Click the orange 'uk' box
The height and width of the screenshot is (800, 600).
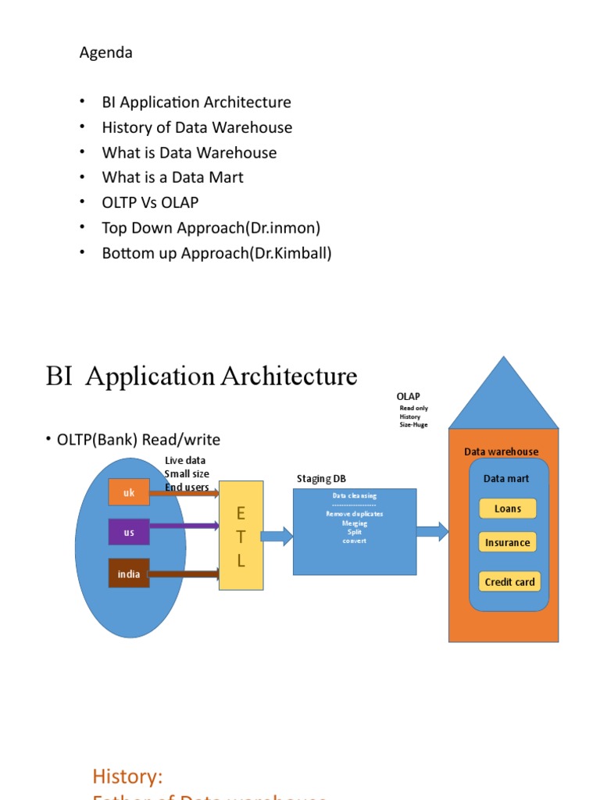pos(128,492)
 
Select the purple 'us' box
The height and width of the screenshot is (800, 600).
pos(129,532)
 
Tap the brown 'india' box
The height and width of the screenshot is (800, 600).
pos(129,574)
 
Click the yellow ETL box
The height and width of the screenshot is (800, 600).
pos(241,537)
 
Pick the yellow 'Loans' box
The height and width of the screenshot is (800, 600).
pos(508,509)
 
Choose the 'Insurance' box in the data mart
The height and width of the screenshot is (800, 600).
pos(508,542)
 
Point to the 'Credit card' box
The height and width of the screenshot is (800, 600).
pos(509,582)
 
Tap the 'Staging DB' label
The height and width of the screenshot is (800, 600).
pos(321,478)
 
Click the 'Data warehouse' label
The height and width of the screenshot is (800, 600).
pos(501,452)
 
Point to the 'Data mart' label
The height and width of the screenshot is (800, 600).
pos(506,478)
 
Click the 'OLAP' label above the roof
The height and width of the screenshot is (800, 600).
pos(408,397)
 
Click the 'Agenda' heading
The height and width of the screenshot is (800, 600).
pos(106,52)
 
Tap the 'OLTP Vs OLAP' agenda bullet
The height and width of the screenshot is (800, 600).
pos(150,202)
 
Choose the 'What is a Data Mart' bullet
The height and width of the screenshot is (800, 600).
pos(173,177)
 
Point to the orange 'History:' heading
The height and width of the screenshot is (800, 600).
pos(127,776)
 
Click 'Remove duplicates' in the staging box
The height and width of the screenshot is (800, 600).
pos(354,514)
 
